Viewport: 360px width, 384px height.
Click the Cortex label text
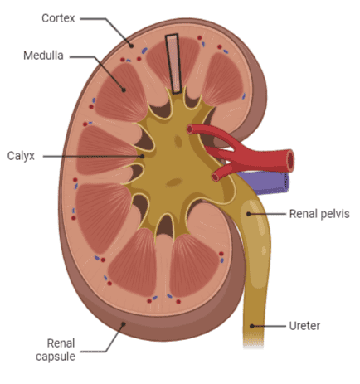(58, 18)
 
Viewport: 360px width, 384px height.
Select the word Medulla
(43, 56)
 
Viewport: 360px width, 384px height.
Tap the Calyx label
(21, 156)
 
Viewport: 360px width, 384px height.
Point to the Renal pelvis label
(319, 214)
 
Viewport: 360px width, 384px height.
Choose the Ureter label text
(304, 326)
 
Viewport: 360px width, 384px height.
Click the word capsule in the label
(56, 357)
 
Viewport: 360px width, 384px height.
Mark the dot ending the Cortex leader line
(132, 46)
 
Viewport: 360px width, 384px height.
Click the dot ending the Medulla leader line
(124, 90)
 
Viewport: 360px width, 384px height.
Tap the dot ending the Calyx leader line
(142, 156)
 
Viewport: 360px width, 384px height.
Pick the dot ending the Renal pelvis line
(249, 214)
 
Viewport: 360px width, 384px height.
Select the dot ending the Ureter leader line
(251, 326)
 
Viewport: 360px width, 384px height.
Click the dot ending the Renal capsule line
(124, 323)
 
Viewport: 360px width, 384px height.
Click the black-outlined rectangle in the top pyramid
(173, 64)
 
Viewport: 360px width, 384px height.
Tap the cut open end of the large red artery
(290, 160)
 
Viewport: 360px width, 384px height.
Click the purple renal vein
(265, 182)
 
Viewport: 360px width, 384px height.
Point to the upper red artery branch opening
(190, 129)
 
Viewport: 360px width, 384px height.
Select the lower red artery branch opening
(215, 177)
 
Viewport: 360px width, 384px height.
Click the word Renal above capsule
(61, 343)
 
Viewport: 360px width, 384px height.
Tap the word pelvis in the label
(334, 214)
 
